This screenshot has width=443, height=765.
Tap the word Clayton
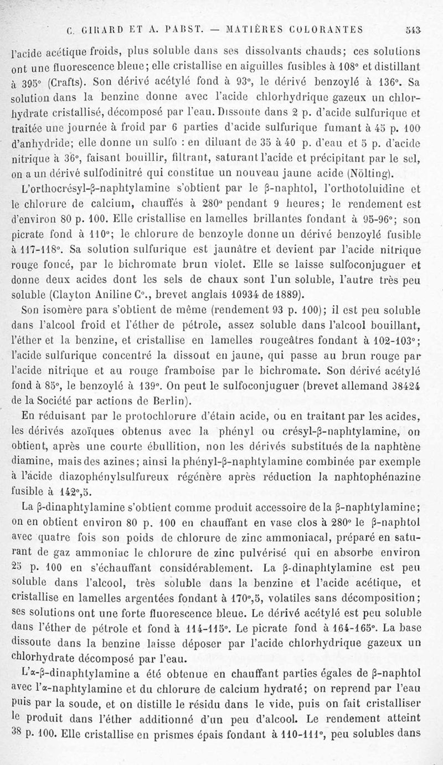(x=74, y=294)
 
